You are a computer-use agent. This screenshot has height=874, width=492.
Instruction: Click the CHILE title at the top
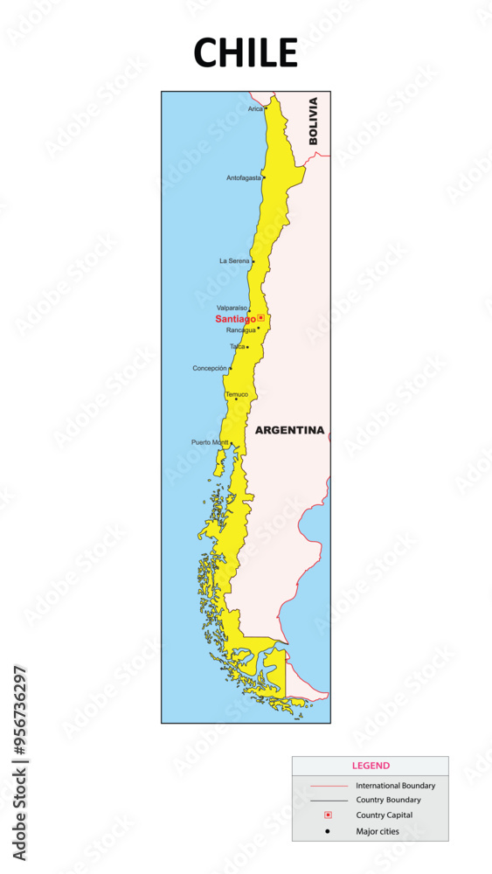pyautogui.click(x=246, y=53)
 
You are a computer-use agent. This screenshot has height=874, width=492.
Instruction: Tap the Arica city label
pyautogui.click(x=254, y=109)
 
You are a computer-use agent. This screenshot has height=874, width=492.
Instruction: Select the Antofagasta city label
pyautogui.click(x=243, y=177)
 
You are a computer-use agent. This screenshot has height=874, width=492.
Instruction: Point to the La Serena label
pyautogui.click(x=233, y=260)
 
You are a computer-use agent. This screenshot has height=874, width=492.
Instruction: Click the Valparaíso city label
pyautogui.click(x=232, y=308)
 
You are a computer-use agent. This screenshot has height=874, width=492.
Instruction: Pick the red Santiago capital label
pyautogui.click(x=235, y=319)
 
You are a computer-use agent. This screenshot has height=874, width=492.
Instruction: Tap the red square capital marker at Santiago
pyautogui.click(x=260, y=318)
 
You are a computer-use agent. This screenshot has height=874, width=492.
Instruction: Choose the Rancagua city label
pyautogui.click(x=240, y=330)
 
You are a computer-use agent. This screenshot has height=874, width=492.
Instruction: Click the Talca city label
pyautogui.click(x=237, y=346)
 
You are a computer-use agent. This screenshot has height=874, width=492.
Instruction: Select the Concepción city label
pyautogui.click(x=210, y=368)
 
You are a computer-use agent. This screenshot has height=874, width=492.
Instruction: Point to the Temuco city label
pyautogui.click(x=237, y=394)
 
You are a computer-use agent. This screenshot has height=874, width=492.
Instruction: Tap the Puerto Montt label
pyautogui.click(x=210, y=442)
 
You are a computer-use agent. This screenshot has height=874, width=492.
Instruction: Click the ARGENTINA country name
pyautogui.click(x=289, y=430)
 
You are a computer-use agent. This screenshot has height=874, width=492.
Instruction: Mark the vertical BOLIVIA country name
pyautogui.click(x=314, y=121)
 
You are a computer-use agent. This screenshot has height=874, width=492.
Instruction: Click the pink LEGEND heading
pyautogui.click(x=371, y=766)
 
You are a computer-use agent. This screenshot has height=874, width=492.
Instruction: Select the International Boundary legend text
pyautogui.click(x=395, y=786)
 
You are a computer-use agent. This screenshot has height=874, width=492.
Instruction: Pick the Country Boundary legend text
pyautogui.click(x=388, y=800)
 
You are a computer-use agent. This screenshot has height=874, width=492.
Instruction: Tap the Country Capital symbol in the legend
pyautogui.click(x=328, y=815)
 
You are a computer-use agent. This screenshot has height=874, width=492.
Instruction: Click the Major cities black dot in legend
pyautogui.click(x=328, y=831)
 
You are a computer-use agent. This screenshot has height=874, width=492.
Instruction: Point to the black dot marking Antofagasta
pyautogui.click(x=263, y=177)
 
